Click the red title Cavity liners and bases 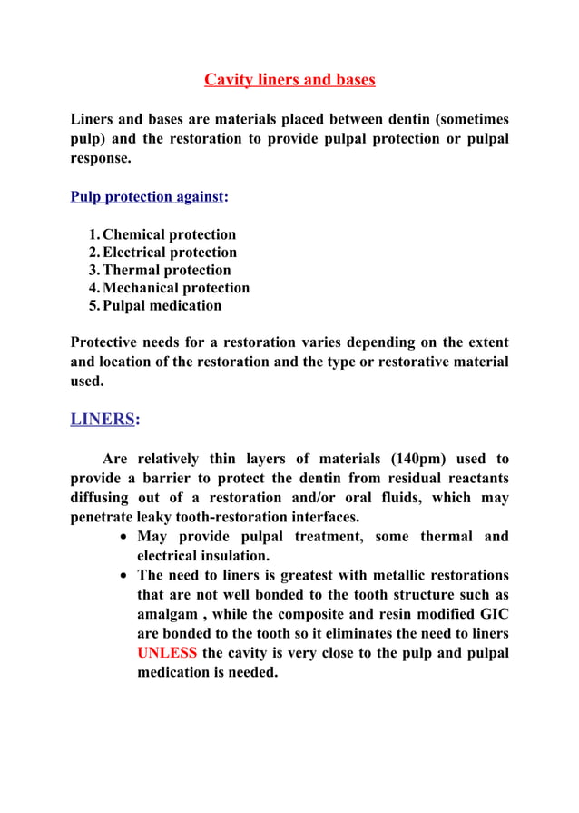(x=289, y=80)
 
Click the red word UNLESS (x=166, y=653)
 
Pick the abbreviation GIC (x=490, y=614)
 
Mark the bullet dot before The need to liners (x=126, y=576)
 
